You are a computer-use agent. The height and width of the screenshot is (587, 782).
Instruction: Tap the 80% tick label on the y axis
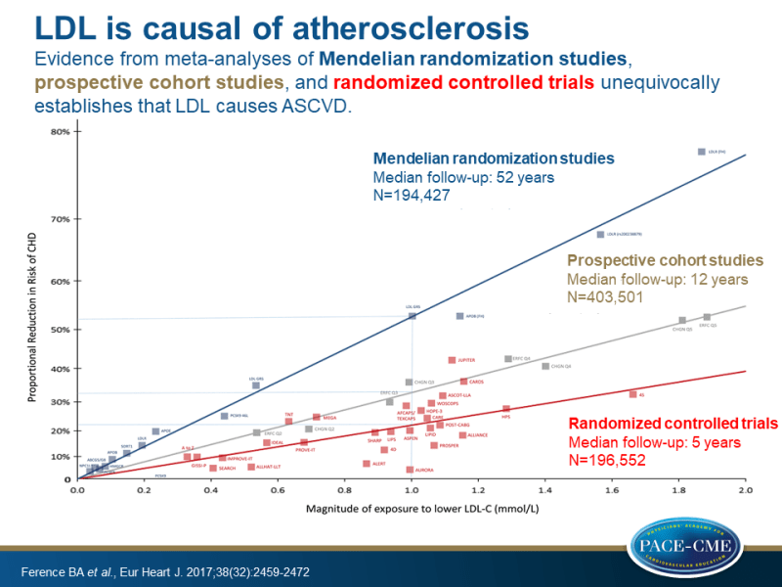click(x=60, y=132)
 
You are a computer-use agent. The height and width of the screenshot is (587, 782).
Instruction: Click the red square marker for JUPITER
click(x=452, y=360)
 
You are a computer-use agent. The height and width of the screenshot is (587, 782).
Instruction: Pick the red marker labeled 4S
click(x=632, y=394)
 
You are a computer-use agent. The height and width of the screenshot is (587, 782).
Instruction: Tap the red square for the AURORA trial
click(x=410, y=470)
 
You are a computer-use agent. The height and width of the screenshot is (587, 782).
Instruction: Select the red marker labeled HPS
click(x=506, y=409)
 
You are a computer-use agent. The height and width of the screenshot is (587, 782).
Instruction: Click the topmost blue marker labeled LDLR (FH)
click(x=701, y=152)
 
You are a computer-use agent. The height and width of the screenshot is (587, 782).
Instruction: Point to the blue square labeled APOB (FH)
click(x=459, y=316)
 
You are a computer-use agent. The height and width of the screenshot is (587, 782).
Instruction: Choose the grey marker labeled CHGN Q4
click(x=545, y=366)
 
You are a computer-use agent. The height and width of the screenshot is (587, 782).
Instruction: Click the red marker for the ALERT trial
click(x=367, y=464)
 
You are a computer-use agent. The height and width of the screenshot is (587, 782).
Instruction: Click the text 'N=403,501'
click(x=605, y=296)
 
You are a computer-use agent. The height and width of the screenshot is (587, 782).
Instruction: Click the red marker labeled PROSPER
click(x=434, y=445)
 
